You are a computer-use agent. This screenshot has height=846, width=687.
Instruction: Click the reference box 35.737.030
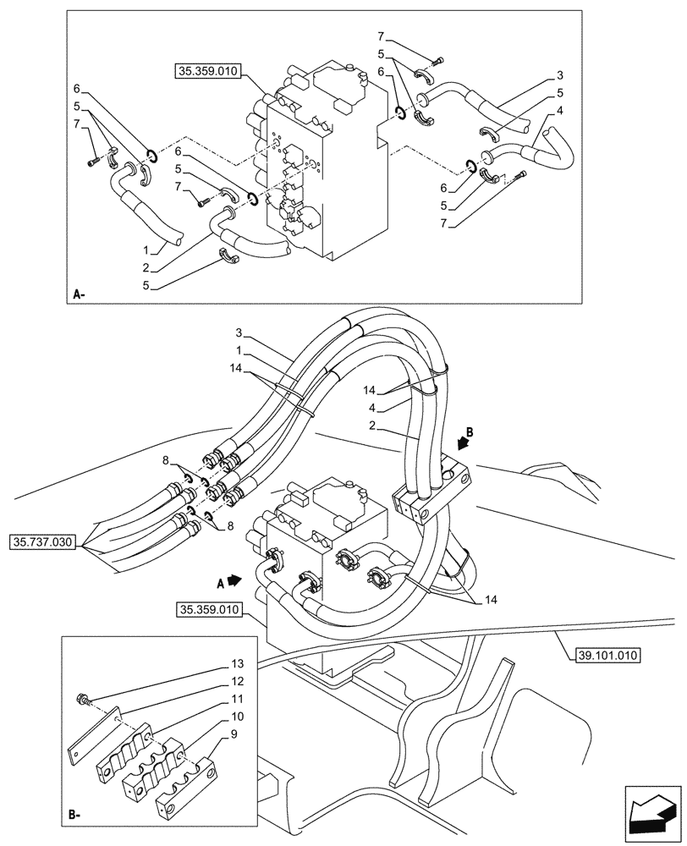click(x=46, y=541)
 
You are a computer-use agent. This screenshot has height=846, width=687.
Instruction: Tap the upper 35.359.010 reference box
click(x=209, y=74)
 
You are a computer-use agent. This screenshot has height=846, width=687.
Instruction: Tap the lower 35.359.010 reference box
click(x=209, y=609)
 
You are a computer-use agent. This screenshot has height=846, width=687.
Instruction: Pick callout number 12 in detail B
click(x=239, y=681)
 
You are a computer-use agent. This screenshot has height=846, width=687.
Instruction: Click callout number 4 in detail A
click(x=561, y=110)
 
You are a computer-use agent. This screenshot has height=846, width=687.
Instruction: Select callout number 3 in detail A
click(x=561, y=75)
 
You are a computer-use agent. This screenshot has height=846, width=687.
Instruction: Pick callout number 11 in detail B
click(x=239, y=700)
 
